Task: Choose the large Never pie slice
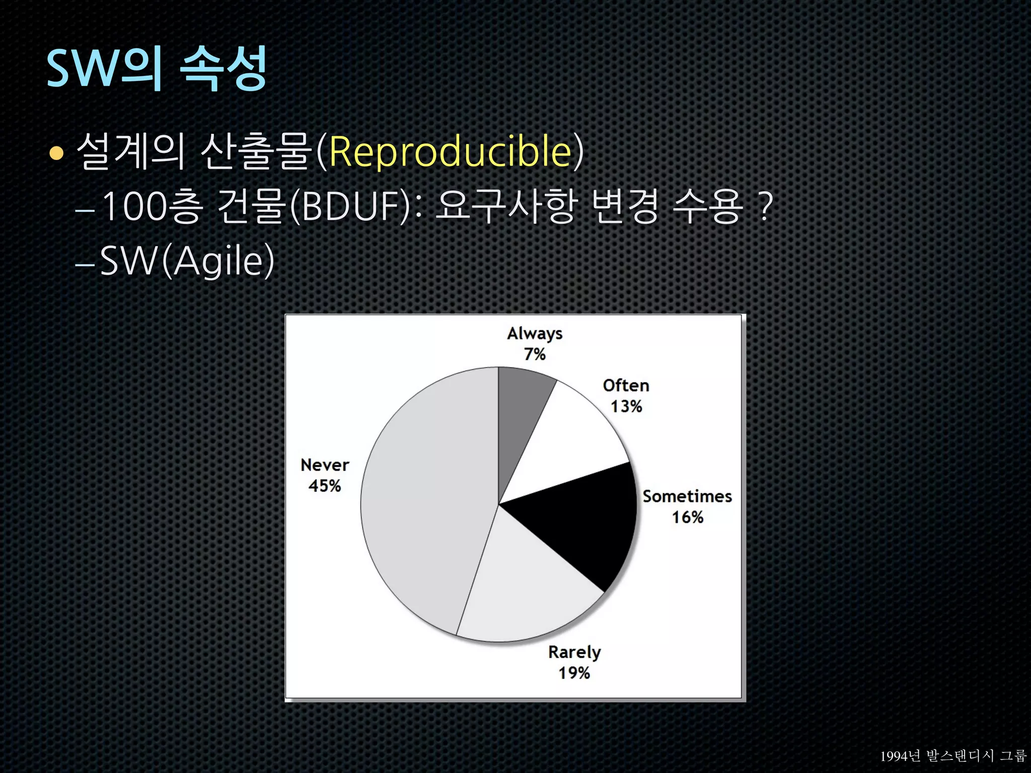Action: (428, 503)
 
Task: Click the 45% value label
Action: (325, 486)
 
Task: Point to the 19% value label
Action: (574, 673)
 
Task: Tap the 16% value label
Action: (687, 517)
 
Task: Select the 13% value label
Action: (626, 407)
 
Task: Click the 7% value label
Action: (535, 354)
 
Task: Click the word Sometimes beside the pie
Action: (687, 496)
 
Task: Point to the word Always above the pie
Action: (535, 334)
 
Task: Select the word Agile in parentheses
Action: (219, 261)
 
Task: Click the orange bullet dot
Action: (56, 153)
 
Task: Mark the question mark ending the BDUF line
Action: (765, 206)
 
